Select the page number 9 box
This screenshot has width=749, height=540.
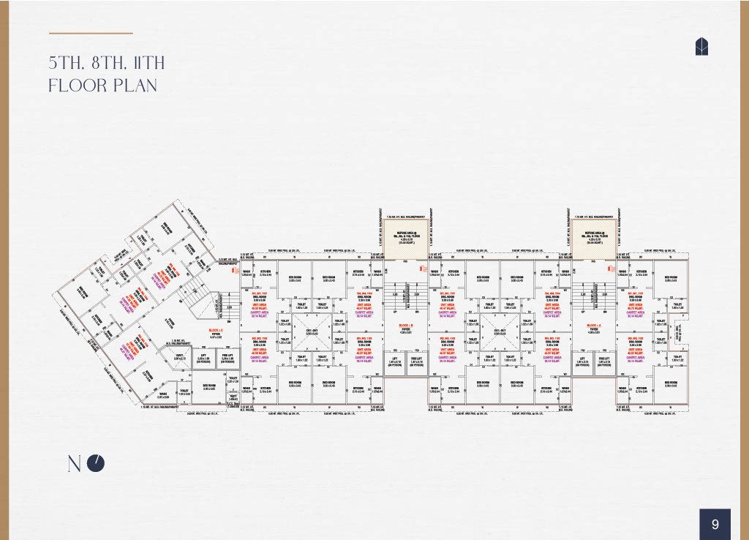tap(715, 524)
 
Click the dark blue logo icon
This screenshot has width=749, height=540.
tap(701, 47)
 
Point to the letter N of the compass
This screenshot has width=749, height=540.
tap(75, 464)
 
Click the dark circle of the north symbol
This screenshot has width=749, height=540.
tap(96, 463)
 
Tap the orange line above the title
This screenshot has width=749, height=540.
tap(91, 33)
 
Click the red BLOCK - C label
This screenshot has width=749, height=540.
tap(217, 331)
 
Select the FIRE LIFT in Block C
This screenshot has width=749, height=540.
tap(227, 359)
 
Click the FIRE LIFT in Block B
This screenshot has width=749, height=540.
tap(417, 361)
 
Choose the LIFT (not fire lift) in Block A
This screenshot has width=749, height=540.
tap(582, 361)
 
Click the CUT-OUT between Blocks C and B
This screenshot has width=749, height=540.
tap(312, 332)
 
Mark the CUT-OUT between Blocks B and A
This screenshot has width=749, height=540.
tap(498, 332)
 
